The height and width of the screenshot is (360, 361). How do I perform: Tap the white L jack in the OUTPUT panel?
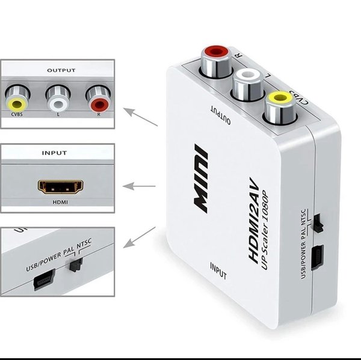[x=57, y=96]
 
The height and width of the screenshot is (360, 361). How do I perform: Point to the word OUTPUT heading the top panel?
[x=61, y=70]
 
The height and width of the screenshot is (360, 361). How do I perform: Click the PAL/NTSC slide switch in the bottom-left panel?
[x=75, y=265]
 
